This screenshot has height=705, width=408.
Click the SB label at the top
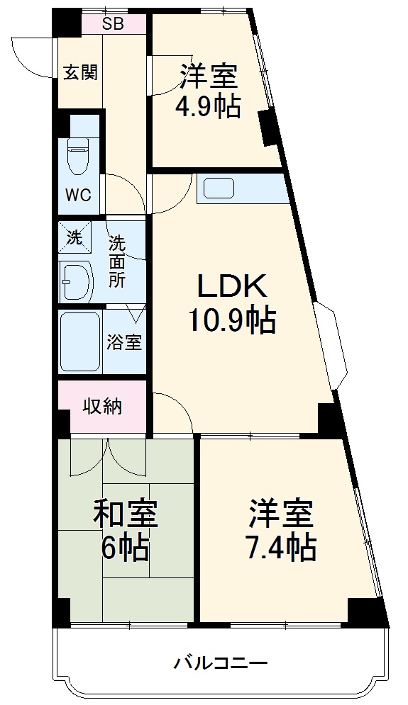point(113,24)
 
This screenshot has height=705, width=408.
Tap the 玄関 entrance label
point(80,73)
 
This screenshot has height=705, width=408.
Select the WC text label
point(79,195)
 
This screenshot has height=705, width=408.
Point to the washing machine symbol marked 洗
point(75,238)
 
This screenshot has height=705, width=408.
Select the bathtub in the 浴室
point(79,342)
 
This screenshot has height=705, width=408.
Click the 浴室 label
point(124,343)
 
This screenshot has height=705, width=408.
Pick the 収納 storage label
point(102,406)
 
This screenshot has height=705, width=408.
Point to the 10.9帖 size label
point(231,321)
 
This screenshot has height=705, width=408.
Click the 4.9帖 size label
point(208,106)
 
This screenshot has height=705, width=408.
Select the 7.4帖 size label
point(282,546)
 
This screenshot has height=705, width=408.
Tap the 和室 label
point(125,515)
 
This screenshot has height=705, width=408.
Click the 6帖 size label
point(125,547)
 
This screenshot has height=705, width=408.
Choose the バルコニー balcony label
point(221,664)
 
